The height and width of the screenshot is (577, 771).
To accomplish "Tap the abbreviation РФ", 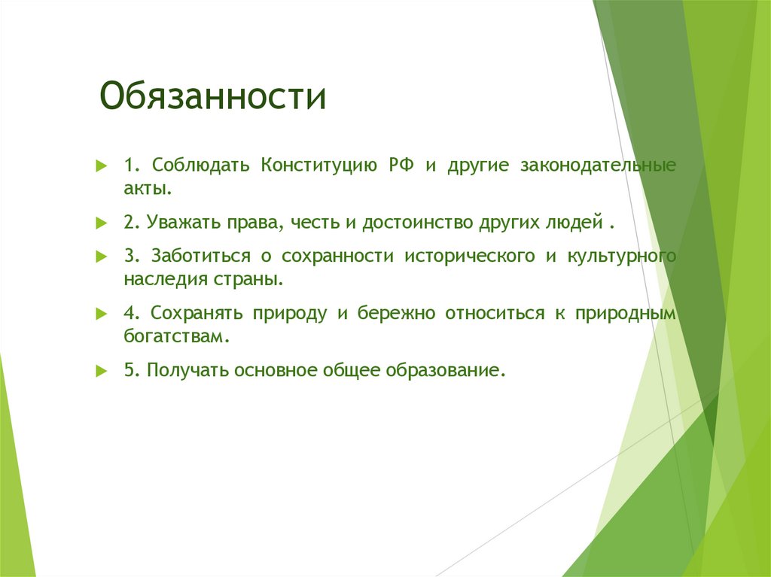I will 401,165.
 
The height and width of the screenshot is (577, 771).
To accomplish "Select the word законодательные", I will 597,165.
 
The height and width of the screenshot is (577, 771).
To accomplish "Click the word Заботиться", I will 200,256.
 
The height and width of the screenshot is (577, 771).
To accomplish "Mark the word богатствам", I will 175,336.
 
